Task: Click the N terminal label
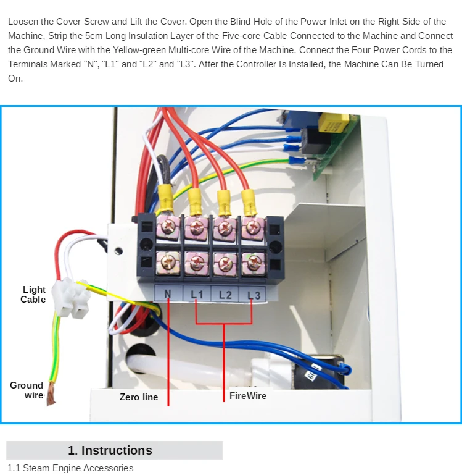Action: pos(167,295)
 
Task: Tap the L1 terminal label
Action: pos(196,295)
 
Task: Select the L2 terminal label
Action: pos(225,295)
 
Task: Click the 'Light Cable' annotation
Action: pos(33,294)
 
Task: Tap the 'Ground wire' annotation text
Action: pos(27,390)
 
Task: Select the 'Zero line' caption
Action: pos(139,397)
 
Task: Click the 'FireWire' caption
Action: pos(248,395)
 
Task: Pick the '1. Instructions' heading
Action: pos(110,450)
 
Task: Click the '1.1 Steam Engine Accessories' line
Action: pos(70,468)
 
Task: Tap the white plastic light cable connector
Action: pos(72,296)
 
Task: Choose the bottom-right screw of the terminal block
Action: pos(252,264)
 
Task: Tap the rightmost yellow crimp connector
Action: pos(248,200)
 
